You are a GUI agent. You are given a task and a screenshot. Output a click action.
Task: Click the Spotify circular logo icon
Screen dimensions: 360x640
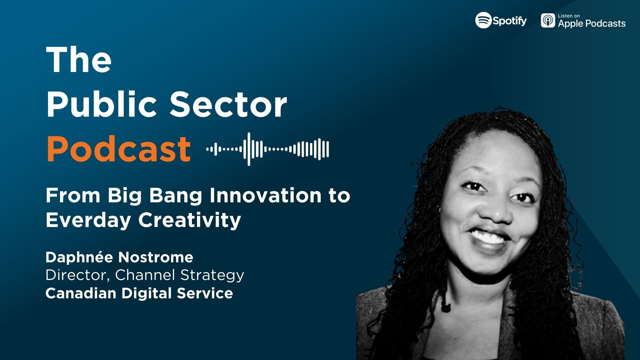tap(483, 20)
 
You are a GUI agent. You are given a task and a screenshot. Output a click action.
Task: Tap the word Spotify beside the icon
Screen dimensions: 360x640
tap(510, 21)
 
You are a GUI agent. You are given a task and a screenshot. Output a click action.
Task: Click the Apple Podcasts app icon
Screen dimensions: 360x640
tap(548, 20)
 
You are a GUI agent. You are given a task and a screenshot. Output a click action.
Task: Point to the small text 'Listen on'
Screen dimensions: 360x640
tap(569, 16)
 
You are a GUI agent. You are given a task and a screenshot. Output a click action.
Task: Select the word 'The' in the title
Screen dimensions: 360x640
tap(79, 60)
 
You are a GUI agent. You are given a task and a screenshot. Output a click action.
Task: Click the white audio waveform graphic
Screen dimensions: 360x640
tap(267, 149)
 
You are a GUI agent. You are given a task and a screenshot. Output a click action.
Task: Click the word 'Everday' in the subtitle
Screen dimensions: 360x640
tap(88, 220)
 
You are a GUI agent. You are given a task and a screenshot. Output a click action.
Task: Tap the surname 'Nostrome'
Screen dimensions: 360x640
tap(156, 257)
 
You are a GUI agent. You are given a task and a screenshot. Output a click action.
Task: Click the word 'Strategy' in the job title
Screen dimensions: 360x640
tap(212, 275)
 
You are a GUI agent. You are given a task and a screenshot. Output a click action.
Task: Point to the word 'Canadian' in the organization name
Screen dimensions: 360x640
tap(81, 293)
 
